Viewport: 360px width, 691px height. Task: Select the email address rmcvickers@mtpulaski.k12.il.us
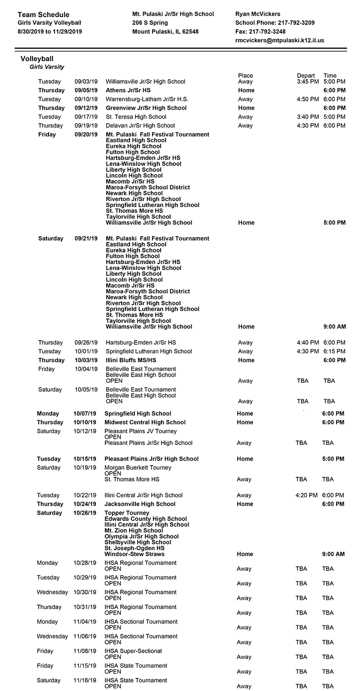pos(279,40)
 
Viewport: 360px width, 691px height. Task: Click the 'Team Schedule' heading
pos(44,15)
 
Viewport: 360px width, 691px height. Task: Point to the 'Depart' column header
pos(306,76)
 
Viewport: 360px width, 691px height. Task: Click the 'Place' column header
pos(245,76)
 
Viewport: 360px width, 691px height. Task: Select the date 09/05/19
pos(86,90)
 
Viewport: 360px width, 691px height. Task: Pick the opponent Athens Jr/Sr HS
pos(128,90)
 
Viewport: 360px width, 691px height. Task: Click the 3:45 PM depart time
pos(308,82)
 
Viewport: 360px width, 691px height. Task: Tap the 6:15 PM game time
pos(334,351)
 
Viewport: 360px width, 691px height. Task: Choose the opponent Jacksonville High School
pos(140,504)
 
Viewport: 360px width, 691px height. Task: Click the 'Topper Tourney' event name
pos(127,513)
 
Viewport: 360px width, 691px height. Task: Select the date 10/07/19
pos(85,413)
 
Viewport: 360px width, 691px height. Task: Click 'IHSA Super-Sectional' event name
pos(133,651)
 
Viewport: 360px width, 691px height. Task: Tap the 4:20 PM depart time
pos(306,495)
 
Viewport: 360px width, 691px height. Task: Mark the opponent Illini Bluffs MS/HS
pos(131,360)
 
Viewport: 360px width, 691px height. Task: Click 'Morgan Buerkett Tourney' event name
pos(138,468)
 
